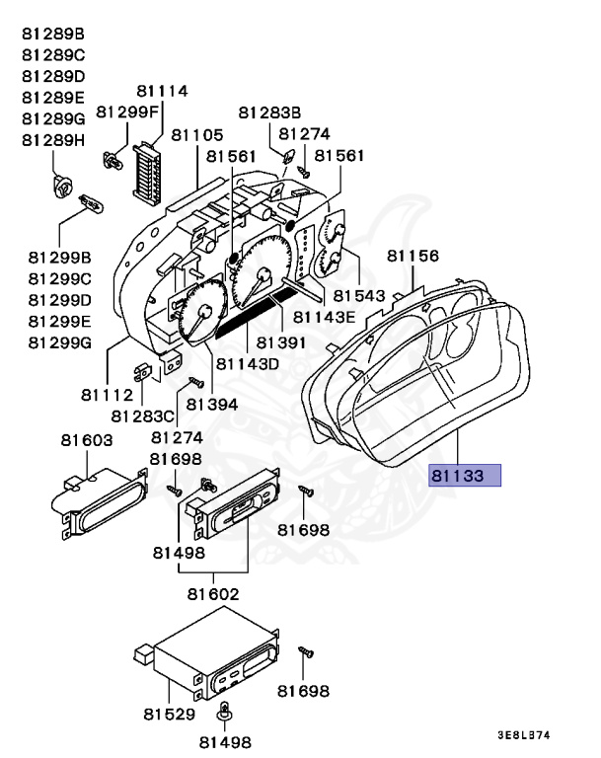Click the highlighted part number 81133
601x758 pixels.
tap(465, 476)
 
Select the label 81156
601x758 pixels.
tap(413, 256)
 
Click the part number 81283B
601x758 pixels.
tap(269, 113)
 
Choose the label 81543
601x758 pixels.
tap(359, 294)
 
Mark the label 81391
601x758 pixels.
tap(283, 342)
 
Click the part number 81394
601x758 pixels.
tap(212, 404)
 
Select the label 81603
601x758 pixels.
tap(86, 440)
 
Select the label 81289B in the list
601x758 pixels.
tap(53, 34)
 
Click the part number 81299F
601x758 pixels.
tap(129, 112)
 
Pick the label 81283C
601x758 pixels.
tap(142, 416)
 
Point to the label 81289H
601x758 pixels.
tap(53, 140)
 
